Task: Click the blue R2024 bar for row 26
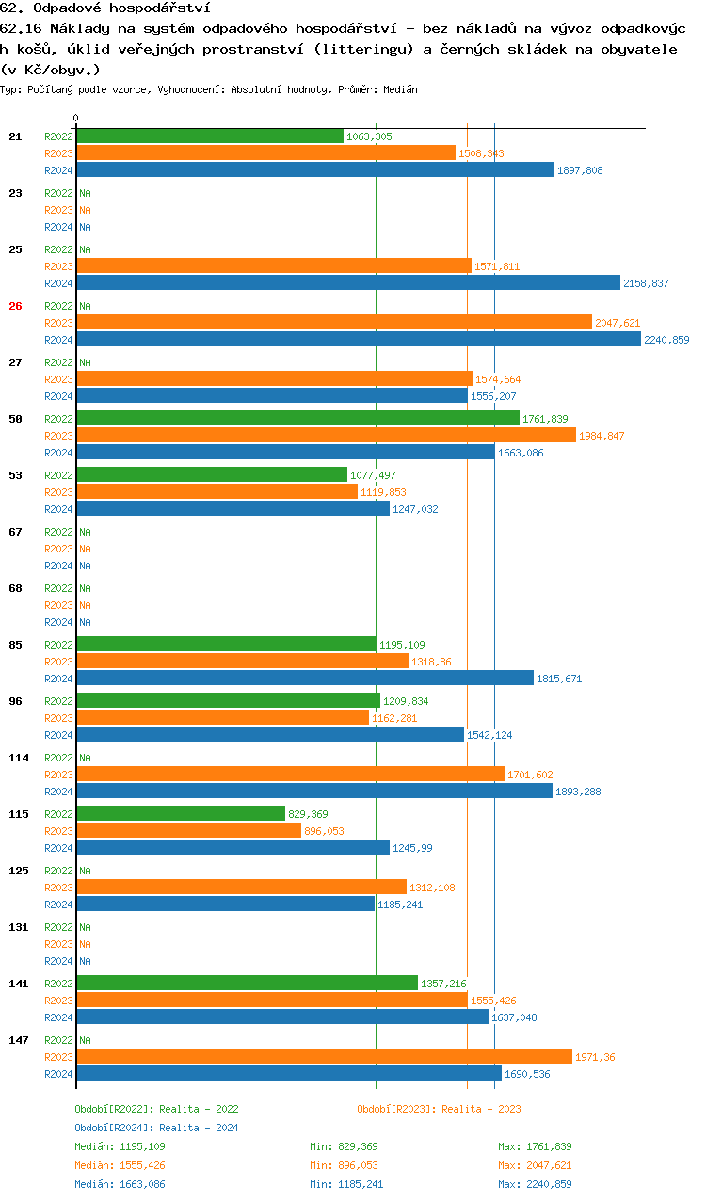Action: (x=358, y=340)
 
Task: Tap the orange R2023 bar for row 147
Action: (x=324, y=1057)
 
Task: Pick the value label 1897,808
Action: (x=580, y=170)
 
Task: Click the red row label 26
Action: (x=15, y=306)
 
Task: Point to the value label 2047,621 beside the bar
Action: (x=618, y=323)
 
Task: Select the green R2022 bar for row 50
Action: (x=297, y=419)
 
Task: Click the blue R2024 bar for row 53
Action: (x=233, y=509)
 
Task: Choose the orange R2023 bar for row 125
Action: (x=241, y=888)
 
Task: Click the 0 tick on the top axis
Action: (x=75, y=118)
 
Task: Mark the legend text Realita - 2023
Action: (x=481, y=1109)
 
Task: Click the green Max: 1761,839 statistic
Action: (x=535, y=1146)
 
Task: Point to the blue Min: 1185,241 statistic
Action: (x=346, y=1184)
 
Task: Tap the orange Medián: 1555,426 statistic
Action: (x=120, y=1165)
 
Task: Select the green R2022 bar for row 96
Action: (x=228, y=701)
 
